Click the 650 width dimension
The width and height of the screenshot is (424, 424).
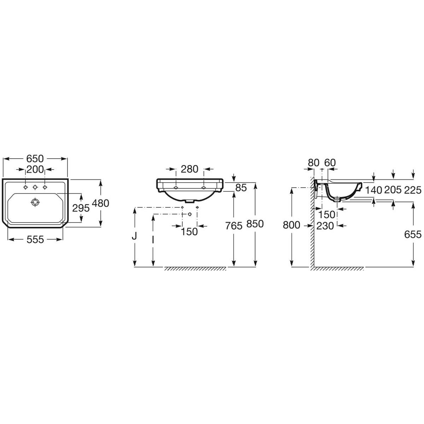point(35,159)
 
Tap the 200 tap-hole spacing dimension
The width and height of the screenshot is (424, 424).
point(35,169)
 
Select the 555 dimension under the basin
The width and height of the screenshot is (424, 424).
point(35,240)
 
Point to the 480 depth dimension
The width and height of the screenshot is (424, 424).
point(101,203)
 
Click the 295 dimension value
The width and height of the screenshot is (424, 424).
point(81,208)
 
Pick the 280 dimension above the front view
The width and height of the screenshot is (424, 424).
point(190,169)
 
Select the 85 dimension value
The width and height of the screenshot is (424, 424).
point(241,188)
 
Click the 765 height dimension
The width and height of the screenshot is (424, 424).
point(234,226)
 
